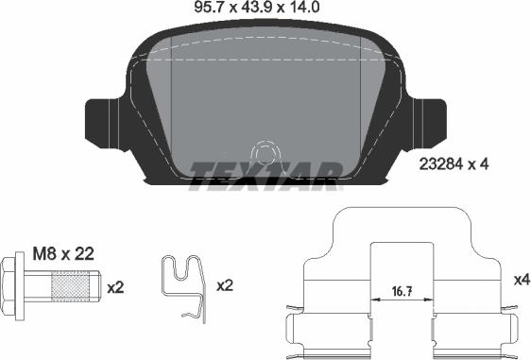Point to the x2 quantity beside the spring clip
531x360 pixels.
[226, 284]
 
